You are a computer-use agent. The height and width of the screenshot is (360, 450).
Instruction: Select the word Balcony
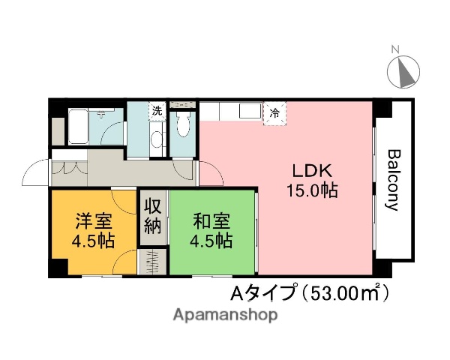pos(393,181)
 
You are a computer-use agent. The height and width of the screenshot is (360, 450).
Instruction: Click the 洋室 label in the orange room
pos(94,221)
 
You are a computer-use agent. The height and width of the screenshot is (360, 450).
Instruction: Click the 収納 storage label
pos(152,215)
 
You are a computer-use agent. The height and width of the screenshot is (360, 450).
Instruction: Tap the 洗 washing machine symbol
pos(157,111)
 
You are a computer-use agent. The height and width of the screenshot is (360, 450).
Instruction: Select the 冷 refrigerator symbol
pos(274,113)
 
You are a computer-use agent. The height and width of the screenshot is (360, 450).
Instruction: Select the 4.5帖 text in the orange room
pos(94,241)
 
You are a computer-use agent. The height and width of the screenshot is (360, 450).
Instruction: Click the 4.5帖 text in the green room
pos(211,241)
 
